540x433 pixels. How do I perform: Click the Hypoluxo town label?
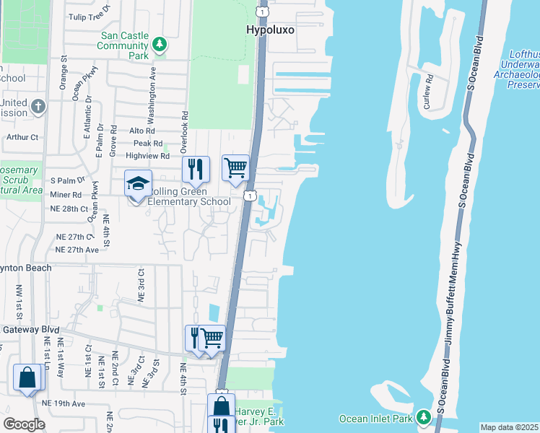click(x=271, y=30)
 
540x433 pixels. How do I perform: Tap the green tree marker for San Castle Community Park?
click(x=160, y=45)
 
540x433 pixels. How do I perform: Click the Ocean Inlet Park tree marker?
click(x=424, y=418)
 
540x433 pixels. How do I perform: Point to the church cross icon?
click(x=39, y=108)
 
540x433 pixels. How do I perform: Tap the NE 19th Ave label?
click(x=64, y=403)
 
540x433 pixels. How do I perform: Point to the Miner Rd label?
click(x=66, y=195)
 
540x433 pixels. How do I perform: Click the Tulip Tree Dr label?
click(x=90, y=15)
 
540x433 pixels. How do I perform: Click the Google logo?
click(x=24, y=425)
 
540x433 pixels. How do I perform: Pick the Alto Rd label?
click(x=141, y=131)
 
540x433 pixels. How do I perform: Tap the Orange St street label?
click(x=64, y=74)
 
